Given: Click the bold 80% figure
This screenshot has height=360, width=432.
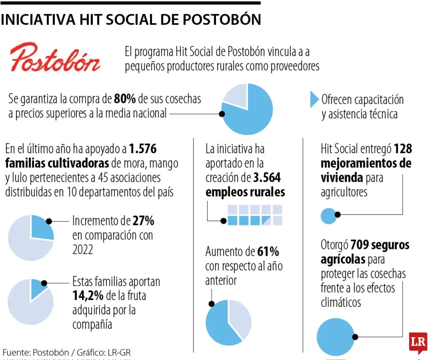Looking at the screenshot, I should (125, 99).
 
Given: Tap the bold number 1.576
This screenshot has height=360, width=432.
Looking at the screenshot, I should (143, 149).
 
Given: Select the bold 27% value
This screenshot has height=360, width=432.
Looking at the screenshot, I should (143, 221).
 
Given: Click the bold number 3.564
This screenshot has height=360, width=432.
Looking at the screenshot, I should (267, 178).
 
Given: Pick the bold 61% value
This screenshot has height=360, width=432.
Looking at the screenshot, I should (268, 252).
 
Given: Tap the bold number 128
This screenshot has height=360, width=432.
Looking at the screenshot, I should (403, 149).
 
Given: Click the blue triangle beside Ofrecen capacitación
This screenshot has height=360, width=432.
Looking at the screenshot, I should (314, 99).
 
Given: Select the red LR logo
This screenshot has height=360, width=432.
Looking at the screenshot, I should (418, 341).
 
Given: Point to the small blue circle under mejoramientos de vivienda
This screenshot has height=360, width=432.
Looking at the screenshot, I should (328, 216).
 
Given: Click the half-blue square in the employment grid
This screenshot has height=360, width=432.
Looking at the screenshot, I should (266, 220).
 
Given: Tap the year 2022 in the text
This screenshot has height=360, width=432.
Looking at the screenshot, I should (83, 249).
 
